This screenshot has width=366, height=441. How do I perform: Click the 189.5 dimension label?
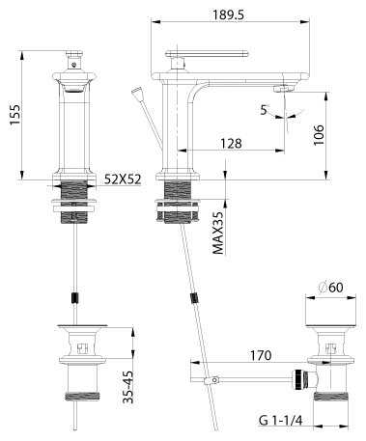[x=229, y=14]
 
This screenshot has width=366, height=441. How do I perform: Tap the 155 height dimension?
[x=14, y=115]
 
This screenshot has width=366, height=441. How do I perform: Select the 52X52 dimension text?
[x=123, y=179]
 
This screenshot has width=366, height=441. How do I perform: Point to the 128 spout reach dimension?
[x=231, y=143]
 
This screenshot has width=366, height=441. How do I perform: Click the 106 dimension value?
[x=319, y=135]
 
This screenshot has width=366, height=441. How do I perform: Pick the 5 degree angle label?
[x=264, y=110]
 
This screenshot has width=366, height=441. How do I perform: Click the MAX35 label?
[x=218, y=233]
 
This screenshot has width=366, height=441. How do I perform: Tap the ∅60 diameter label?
[x=330, y=288]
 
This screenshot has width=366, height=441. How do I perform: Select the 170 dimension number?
[x=261, y=355]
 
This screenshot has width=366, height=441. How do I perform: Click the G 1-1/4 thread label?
[x=281, y=421]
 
